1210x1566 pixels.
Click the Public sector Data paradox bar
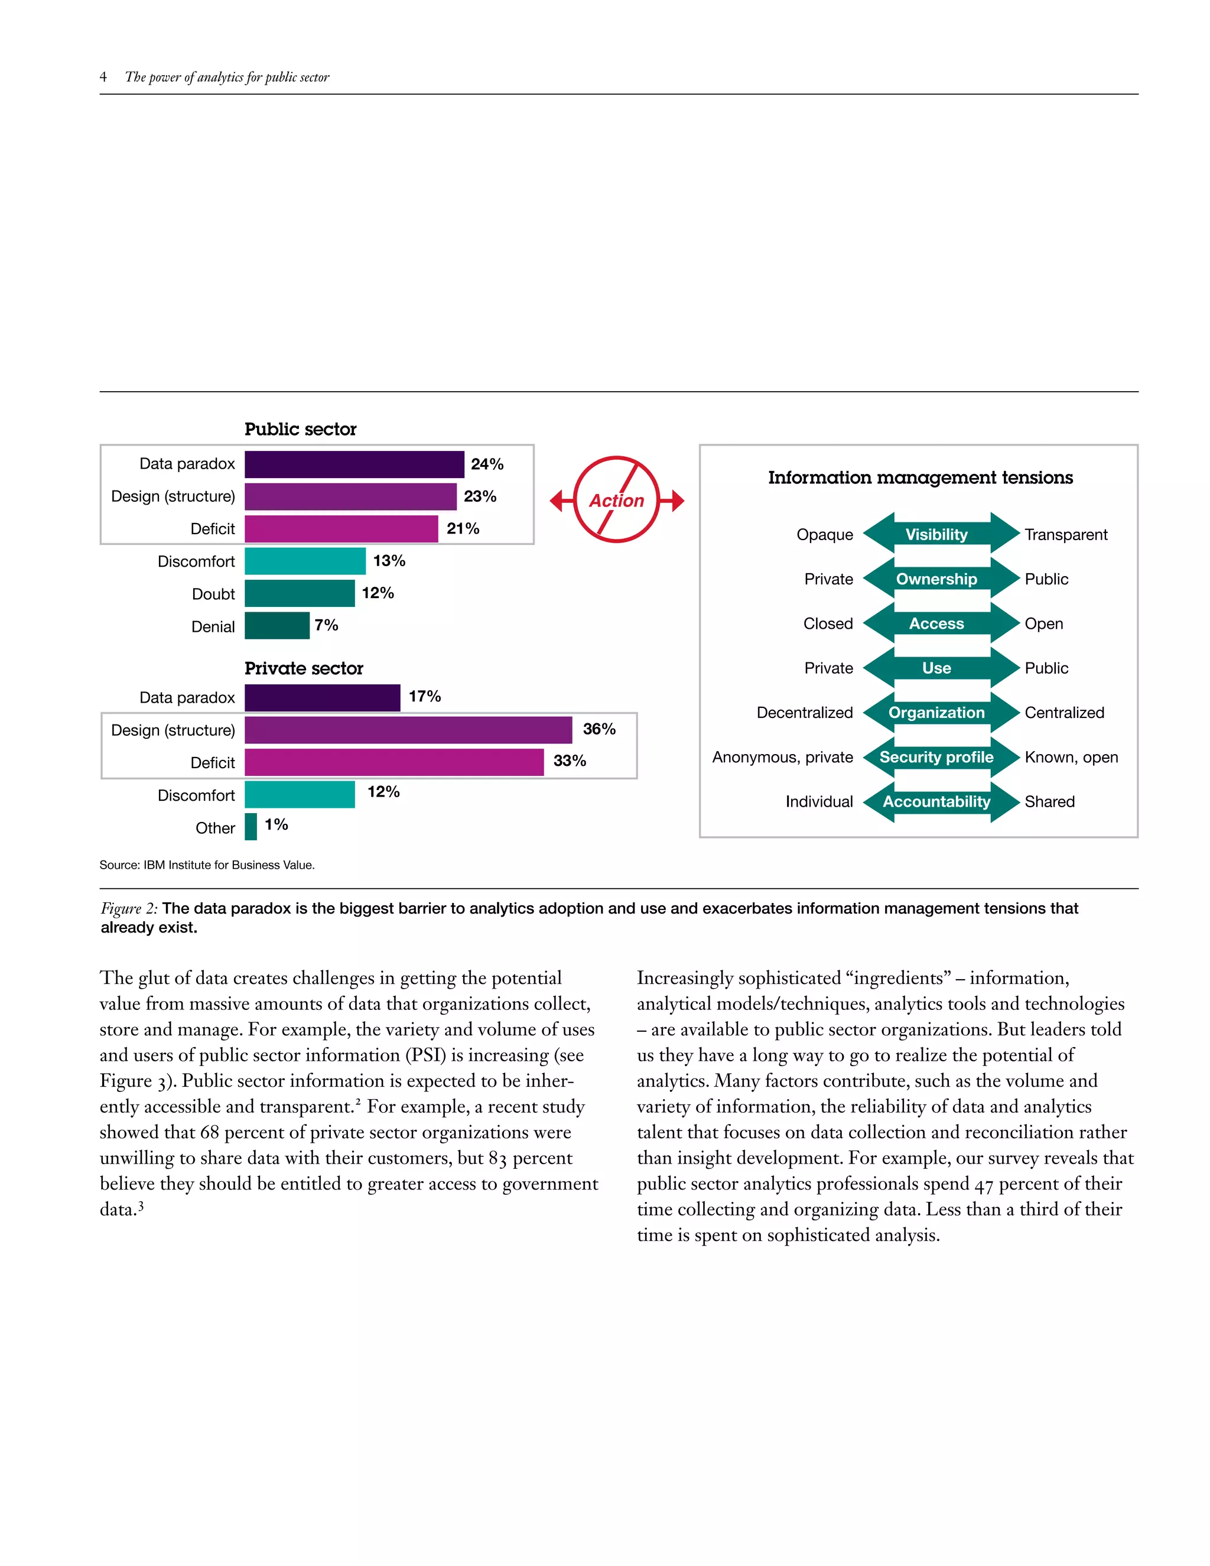pyautogui.click(x=354, y=464)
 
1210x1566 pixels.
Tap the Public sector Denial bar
pyautogui.click(x=277, y=625)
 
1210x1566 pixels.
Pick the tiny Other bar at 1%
pyautogui.click(x=251, y=826)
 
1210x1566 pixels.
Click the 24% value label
pyautogui.click(x=487, y=464)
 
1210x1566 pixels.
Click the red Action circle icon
pyautogui.click(x=616, y=500)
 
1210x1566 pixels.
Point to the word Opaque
pyautogui.click(x=824, y=535)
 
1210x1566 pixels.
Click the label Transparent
pyautogui.click(x=1065, y=535)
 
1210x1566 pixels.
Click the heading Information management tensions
pyautogui.click(x=920, y=477)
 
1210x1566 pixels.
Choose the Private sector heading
pyautogui.click(x=304, y=668)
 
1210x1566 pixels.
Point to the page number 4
pyautogui.click(x=103, y=77)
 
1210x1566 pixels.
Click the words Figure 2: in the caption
pyautogui.click(x=129, y=908)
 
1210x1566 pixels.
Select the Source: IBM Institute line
pyautogui.click(x=207, y=865)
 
